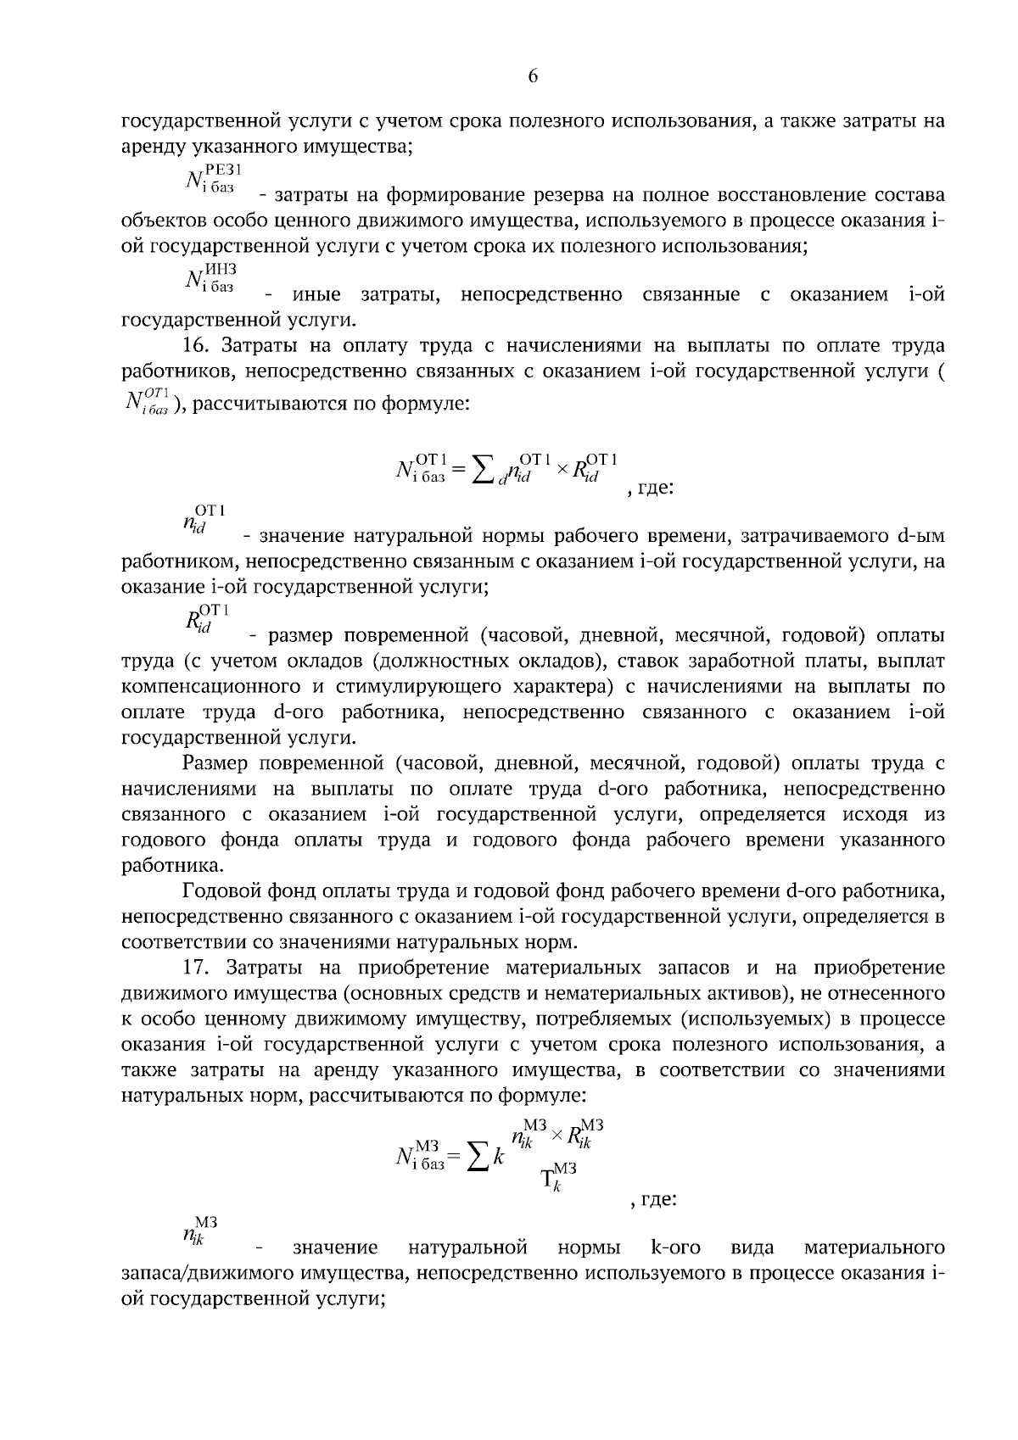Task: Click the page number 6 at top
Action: [533, 76]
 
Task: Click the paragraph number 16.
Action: [196, 345]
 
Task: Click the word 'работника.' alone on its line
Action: [161, 866]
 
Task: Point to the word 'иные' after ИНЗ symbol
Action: [316, 295]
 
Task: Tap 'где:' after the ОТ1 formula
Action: [655, 489]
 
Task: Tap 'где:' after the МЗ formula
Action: [657, 1199]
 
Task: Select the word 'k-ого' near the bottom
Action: [675, 1247]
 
